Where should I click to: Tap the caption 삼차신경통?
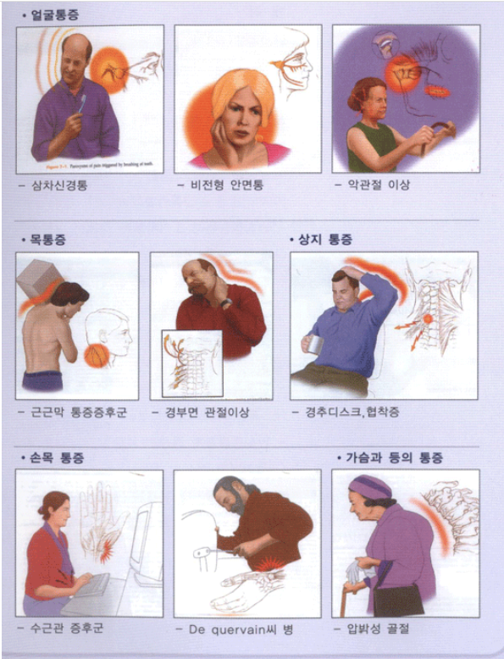click(64, 185)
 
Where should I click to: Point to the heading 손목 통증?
click(56, 457)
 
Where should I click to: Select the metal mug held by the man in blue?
click(315, 345)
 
